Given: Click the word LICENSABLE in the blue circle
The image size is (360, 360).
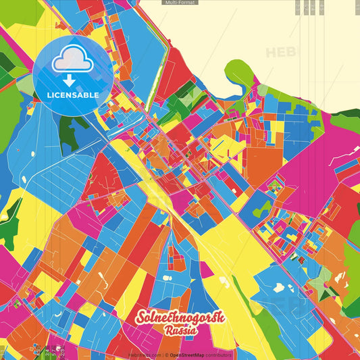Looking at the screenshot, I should click(x=73, y=95).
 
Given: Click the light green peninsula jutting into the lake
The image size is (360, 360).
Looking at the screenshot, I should click(x=240, y=71).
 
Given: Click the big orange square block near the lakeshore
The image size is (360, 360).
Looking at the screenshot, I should click(x=262, y=162).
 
